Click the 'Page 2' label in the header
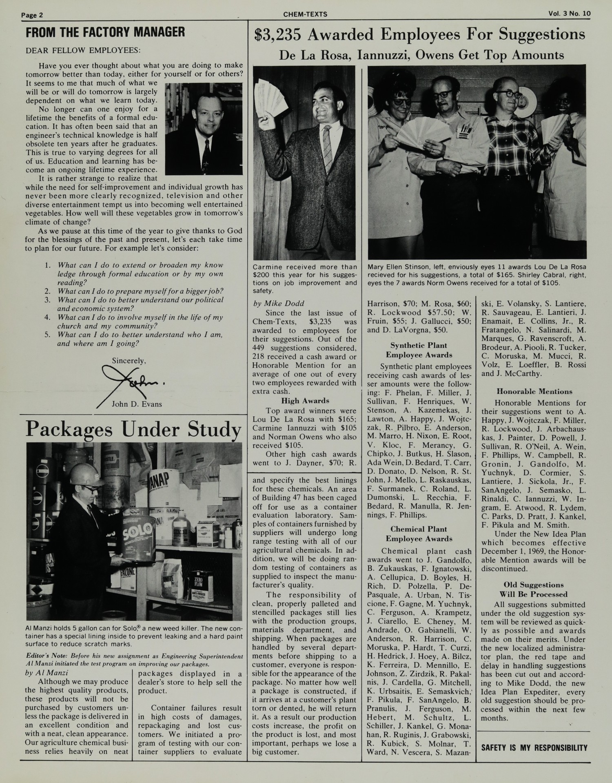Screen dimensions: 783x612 tap(32, 15)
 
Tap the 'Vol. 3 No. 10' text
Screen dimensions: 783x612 tap(569, 13)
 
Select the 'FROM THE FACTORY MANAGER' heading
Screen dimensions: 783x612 tap(105, 32)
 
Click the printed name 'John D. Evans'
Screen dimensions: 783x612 tap(137, 404)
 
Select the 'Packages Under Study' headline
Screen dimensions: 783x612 tap(133, 430)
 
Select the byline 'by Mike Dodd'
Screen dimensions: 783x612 tap(278, 303)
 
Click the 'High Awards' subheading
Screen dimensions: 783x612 tap(305, 401)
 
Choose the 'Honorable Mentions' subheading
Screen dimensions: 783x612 tap(533, 391)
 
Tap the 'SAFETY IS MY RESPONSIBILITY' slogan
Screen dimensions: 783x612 tap(534, 748)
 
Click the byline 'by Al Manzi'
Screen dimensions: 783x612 tap(47, 673)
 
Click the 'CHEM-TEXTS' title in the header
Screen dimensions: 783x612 tap(305, 14)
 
